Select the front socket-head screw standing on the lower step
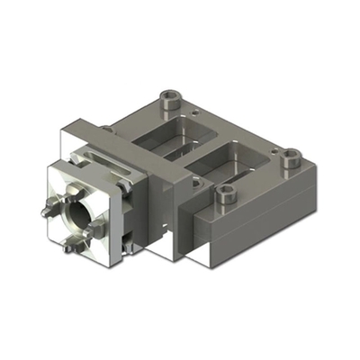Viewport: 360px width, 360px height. click(225, 192)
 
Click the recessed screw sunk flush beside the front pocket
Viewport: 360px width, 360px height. click(193, 183)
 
